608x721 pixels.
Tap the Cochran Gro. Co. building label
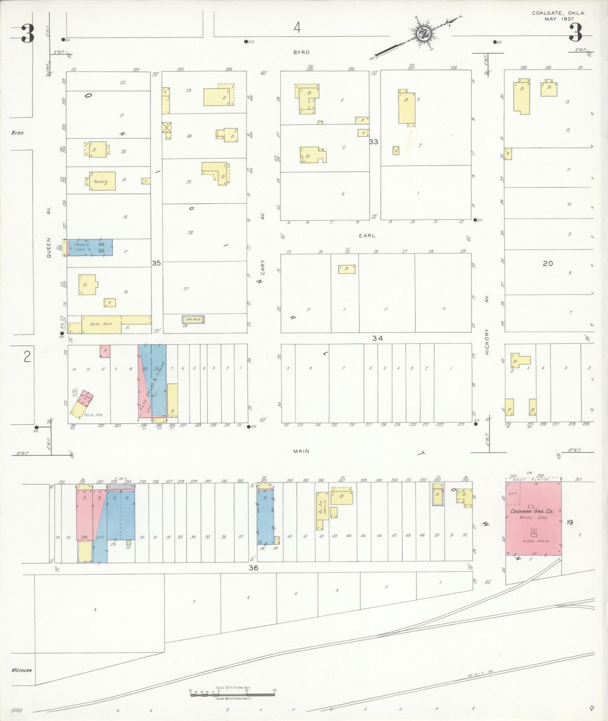(x=534, y=511)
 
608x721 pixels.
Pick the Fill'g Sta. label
(x=93, y=415)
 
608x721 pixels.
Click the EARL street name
(x=367, y=236)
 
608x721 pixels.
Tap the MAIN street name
(x=301, y=451)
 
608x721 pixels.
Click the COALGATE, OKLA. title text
(x=558, y=13)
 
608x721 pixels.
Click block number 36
(x=253, y=568)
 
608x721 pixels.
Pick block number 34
(x=377, y=338)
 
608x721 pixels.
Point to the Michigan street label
(x=21, y=670)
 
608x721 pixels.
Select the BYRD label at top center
(x=301, y=52)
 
